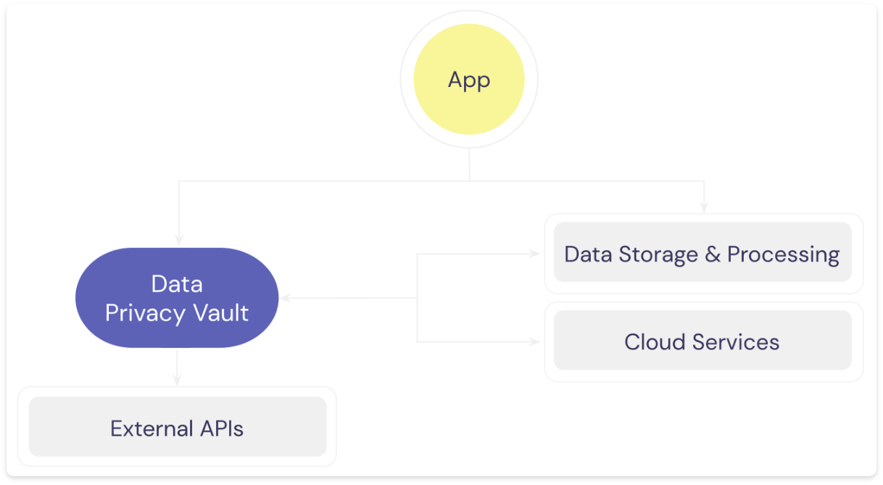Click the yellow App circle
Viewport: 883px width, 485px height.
[x=469, y=79]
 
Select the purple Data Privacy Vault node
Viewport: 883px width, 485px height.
[x=177, y=298]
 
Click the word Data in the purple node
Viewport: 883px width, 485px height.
[x=177, y=284]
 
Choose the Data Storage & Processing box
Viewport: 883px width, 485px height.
[x=702, y=252]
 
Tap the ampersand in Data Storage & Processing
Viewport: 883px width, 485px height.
[x=713, y=254]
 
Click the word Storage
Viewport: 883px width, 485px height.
[x=658, y=255]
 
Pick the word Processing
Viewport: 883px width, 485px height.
[x=783, y=255]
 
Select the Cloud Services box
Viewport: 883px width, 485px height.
[x=702, y=340]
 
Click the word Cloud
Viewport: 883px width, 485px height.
[x=655, y=342]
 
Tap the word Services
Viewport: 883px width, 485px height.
[x=736, y=342]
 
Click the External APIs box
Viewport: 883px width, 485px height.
[x=178, y=427]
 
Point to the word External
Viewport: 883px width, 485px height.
[x=152, y=428]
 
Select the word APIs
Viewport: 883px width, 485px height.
[x=222, y=428]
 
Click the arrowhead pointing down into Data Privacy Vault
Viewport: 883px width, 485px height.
[x=179, y=240]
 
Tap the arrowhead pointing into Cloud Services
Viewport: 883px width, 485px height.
[x=534, y=342]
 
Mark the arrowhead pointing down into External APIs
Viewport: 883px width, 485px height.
[x=177, y=380]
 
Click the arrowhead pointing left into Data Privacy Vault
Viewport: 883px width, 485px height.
[x=286, y=298]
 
